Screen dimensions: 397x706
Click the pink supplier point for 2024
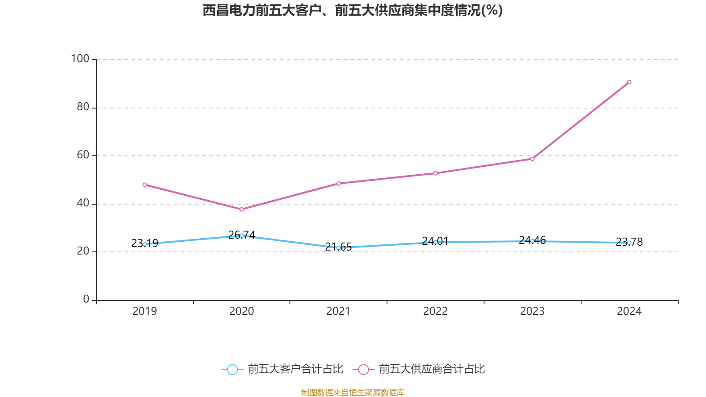629,82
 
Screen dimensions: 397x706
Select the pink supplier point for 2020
241,209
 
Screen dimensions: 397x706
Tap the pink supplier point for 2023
532,159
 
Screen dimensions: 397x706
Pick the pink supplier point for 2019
145,185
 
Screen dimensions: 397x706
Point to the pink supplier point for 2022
436,173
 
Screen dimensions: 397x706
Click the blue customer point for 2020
241,236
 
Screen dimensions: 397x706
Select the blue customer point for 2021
338,248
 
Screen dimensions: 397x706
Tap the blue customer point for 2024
629,243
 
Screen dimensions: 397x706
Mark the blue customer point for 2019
145,244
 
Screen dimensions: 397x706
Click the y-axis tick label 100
80,59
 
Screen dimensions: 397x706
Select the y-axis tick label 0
86,299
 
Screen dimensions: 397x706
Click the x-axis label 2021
338,311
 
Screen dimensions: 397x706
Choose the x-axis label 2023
532,311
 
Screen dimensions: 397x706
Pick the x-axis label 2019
145,311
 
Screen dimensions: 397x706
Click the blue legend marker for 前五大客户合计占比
232,369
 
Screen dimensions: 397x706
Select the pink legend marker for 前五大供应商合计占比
363,369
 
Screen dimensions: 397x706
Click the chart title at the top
353,10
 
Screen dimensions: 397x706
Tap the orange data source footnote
353,392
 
